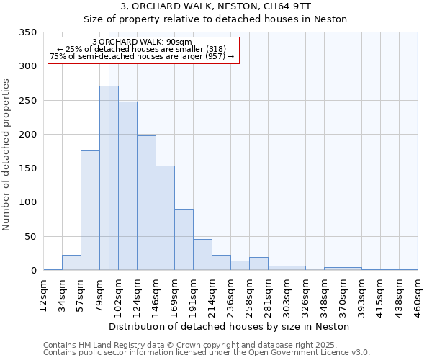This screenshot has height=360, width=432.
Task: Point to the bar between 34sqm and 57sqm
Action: click(x=71, y=263)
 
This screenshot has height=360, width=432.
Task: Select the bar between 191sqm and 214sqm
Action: click(x=202, y=255)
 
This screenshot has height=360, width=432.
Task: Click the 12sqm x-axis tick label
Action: click(x=44, y=293)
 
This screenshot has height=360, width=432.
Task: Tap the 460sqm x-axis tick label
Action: click(x=418, y=293)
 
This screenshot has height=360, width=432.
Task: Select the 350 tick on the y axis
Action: click(x=28, y=32)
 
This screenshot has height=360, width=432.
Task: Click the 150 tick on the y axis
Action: click(x=28, y=168)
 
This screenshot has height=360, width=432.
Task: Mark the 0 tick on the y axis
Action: click(x=33, y=271)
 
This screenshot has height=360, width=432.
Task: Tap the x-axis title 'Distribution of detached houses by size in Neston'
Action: click(x=231, y=326)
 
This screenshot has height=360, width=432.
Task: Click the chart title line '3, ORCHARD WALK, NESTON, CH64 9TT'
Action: click(x=216, y=6)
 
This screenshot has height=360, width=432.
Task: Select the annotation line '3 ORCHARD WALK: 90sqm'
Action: click(x=143, y=42)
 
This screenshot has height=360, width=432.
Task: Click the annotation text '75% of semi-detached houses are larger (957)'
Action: click(x=143, y=57)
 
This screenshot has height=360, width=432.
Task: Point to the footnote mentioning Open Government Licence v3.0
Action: click(x=207, y=353)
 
